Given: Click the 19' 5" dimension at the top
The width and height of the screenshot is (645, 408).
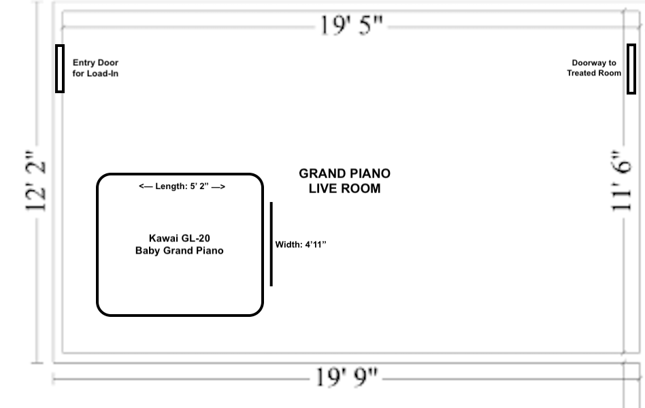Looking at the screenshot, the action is [x=351, y=26].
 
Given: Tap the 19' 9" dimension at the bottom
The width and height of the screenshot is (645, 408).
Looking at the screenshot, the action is [x=346, y=377].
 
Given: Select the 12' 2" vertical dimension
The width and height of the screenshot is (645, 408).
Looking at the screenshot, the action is [x=36, y=181].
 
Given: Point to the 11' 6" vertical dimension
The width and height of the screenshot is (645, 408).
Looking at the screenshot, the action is [x=621, y=181].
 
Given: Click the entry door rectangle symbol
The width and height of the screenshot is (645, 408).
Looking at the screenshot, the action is [x=60, y=69].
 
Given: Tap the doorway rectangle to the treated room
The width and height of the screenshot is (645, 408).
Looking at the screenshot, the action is [x=631, y=69].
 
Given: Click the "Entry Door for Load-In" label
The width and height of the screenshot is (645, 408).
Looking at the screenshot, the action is [x=95, y=68].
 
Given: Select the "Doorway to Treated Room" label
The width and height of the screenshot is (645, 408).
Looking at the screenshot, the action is [x=594, y=68].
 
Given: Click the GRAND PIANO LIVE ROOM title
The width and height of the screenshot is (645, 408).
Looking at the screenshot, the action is [x=345, y=181].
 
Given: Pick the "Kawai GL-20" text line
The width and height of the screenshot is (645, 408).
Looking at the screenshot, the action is [x=180, y=238].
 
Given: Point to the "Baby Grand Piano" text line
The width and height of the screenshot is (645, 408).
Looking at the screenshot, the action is [x=180, y=250].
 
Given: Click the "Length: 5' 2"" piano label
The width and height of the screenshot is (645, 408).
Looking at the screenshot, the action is [x=182, y=186].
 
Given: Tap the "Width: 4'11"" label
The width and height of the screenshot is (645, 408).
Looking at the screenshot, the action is [x=301, y=245].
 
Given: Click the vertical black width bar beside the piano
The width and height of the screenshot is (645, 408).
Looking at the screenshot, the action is [x=271, y=244].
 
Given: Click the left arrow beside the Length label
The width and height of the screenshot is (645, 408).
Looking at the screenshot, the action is [x=146, y=186].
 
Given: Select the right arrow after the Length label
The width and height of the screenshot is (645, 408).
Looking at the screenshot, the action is [x=218, y=187].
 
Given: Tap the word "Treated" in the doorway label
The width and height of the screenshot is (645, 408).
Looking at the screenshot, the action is [x=581, y=73].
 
